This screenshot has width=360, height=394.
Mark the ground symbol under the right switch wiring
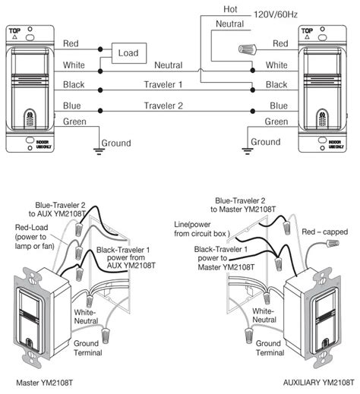pos(245,150)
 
